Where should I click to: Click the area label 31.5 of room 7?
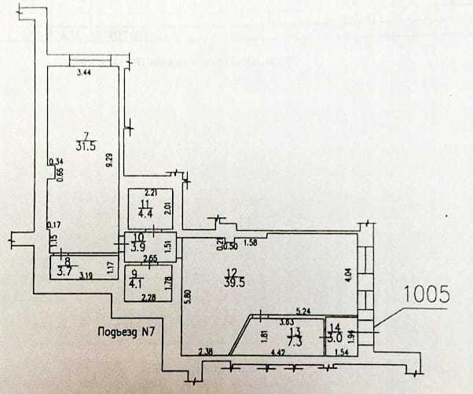coord(86,145)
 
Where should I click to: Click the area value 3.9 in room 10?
coord(137,246)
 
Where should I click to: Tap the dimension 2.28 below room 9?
coord(146,297)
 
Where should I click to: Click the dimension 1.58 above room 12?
coord(251,242)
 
